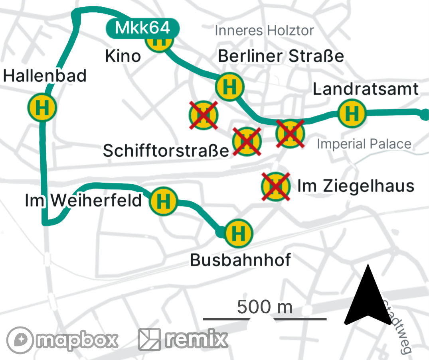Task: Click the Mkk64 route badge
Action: point(143,28)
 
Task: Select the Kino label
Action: point(123,56)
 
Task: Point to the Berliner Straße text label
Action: point(281,56)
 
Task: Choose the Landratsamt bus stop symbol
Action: point(352,113)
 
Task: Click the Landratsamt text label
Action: point(366,89)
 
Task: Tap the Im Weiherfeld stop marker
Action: point(163,201)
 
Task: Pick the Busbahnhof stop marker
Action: point(239,232)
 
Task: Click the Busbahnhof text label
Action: point(240,260)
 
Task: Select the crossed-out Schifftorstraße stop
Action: point(247,141)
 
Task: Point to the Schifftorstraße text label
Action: point(166,151)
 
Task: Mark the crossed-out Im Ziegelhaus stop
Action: point(275,186)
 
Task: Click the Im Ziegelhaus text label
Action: point(356,186)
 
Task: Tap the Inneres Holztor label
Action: point(264,30)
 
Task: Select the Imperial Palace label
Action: point(364,144)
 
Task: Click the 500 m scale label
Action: point(265,307)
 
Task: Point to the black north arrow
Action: point(367,297)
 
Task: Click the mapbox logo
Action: point(63,340)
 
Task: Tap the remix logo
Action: point(183,339)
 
